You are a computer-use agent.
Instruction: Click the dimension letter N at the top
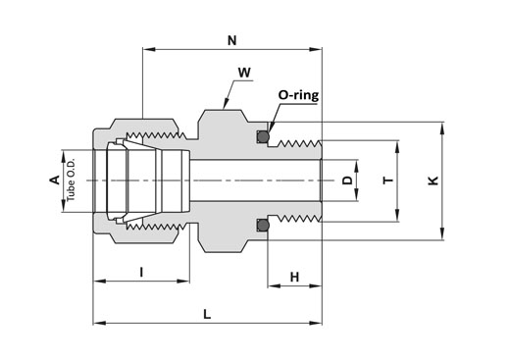tap(231, 40)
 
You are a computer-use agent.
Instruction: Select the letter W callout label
tap(244, 73)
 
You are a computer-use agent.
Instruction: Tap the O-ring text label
tap(298, 95)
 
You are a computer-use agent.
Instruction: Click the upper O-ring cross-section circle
tap(263, 136)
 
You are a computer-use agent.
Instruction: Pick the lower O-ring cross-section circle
tap(263, 225)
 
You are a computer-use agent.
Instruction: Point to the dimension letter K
tap(433, 180)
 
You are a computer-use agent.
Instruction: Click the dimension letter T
tap(388, 180)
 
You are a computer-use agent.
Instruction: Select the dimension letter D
tap(348, 180)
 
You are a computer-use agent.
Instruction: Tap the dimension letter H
tap(294, 278)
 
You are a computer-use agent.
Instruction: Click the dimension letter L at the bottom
tap(207, 315)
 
